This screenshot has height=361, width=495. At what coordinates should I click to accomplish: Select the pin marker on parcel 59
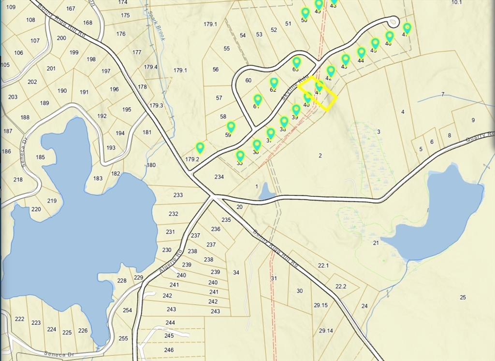pyautogui.click(x=231, y=127)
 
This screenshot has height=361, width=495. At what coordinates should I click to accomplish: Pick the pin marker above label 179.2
pyautogui.click(x=200, y=147)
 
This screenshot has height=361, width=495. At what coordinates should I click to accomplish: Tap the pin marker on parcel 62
pyautogui.click(x=274, y=83)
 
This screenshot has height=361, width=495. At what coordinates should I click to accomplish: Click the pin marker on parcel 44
pyautogui.click(x=361, y=52)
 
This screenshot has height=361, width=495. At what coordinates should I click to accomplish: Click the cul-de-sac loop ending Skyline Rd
pyautogui.click(x=393, y=21)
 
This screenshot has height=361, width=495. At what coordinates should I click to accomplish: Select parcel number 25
pyautogui.click(x=463, y=297)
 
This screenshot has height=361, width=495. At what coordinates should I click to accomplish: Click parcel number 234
pyautogui.click(x=219, y=177)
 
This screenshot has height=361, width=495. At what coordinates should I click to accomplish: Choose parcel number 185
pyautogui.click(x=40, y=157)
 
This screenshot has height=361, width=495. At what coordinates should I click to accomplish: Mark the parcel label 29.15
pyautogui.click(x=320, y=305)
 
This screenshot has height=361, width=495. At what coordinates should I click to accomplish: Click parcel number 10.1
pyautogui.click(x=457, y=2)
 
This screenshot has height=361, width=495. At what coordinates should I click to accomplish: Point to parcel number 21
pyautogui.click(x=376, y=243)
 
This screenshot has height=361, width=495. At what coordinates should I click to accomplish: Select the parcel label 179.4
pyautogui.click(x=150, y=67)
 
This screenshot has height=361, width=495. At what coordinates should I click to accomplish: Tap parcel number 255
pyautogui.click(x=123, y=338)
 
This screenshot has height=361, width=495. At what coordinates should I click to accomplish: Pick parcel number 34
pyautogui.click(x=236, y=273)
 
